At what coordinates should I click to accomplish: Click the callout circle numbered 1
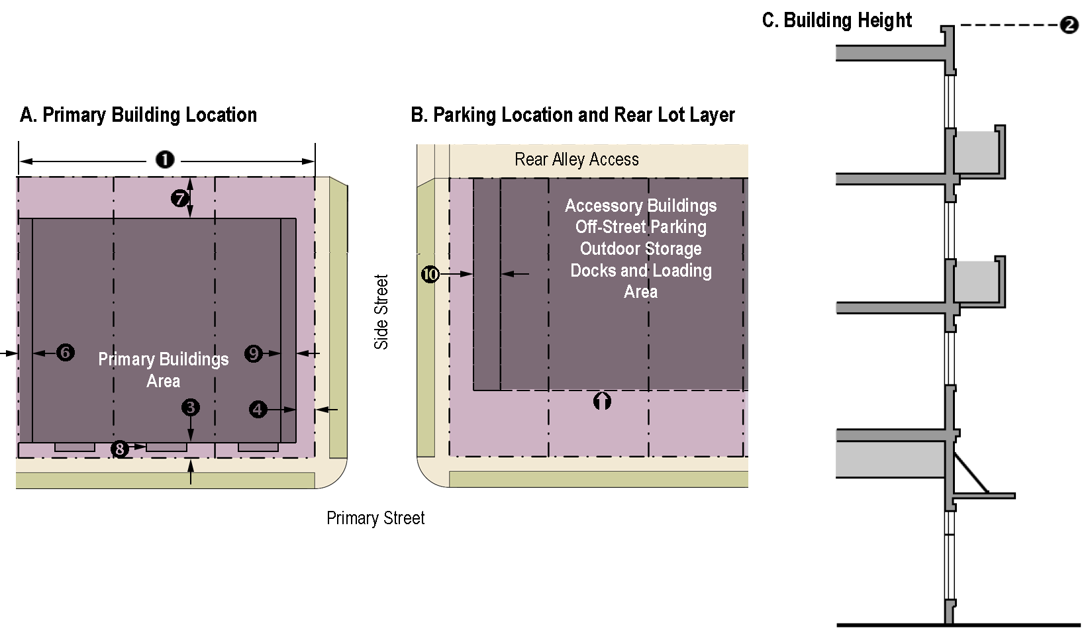click(x=165, y=159)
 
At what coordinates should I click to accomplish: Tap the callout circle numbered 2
click(x=1069, y=26)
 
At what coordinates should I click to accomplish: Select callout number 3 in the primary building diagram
click(x=191, y=406)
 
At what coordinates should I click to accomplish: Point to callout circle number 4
click(x=258, y=410)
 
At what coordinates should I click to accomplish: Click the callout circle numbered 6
click(x=65, y=353)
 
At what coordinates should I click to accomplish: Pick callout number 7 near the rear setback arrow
click(x=180, y=197)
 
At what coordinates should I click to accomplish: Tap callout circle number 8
click(x=119, y=449)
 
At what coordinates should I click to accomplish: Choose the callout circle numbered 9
click(x=254, y=353)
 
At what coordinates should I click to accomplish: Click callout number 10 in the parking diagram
click(x=430, y=274)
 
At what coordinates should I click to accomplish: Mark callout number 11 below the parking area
click(x=602, y=400)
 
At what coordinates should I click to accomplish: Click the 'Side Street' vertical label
click(x=381, y=312)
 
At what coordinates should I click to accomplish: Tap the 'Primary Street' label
click(x=375, y=518)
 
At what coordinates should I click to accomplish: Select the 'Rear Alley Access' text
click(x=577, y=159)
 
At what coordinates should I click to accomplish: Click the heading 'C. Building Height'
click(x=837, y=21)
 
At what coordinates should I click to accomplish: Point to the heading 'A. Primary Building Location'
click(x=138, y=115)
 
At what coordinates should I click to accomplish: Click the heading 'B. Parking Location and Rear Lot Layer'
click(x=573, y=115)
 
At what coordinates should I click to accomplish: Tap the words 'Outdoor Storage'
click(x=640, y=249)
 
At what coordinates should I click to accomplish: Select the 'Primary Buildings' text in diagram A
click(x=164, y=359)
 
